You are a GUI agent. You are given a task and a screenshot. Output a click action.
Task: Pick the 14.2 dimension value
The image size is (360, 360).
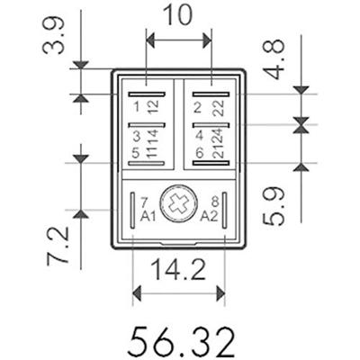(178, 270)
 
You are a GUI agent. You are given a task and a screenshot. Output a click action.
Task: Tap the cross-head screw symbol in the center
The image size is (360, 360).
(178, 204)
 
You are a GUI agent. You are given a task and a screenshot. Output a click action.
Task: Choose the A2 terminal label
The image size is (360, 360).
(209, 216)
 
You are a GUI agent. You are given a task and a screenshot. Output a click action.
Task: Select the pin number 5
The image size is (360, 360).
(137, 152)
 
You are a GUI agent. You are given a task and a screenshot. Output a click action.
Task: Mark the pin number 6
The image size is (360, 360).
(196, 152)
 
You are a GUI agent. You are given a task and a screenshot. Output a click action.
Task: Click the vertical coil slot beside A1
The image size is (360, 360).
(131, 209)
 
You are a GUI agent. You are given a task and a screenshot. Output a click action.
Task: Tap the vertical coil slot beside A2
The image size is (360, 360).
(227, 209)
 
